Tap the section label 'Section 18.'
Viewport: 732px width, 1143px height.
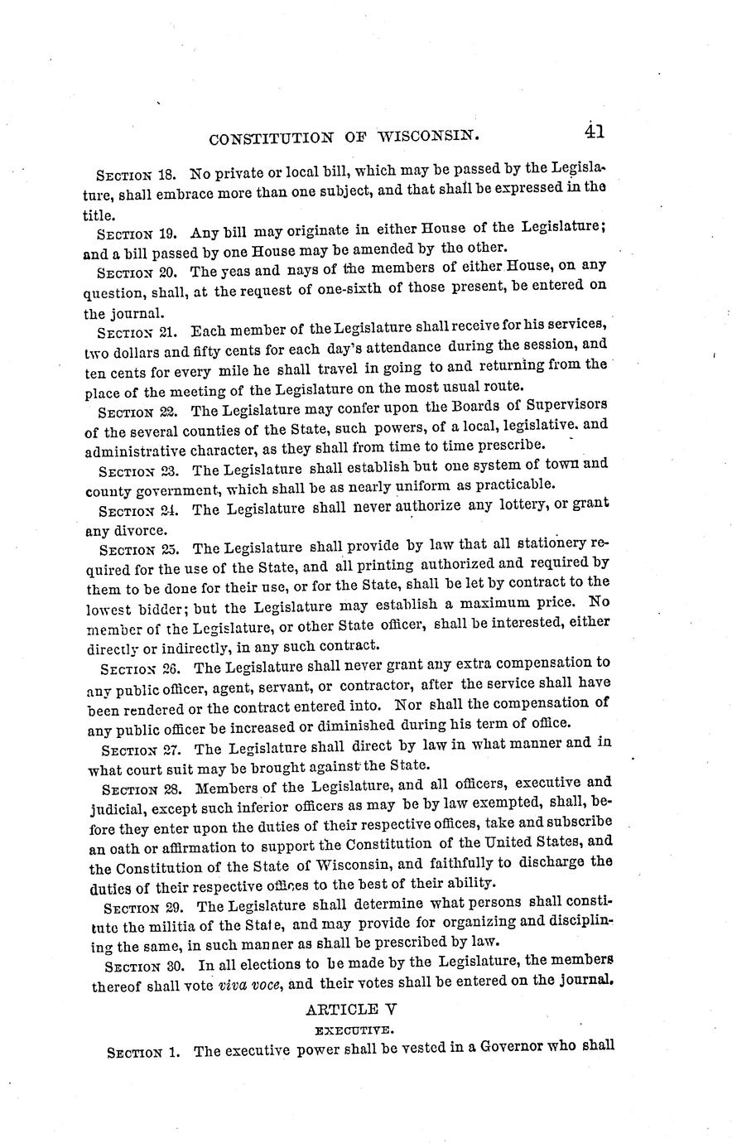[136, 176]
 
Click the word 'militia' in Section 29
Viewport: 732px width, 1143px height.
[174, 922]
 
